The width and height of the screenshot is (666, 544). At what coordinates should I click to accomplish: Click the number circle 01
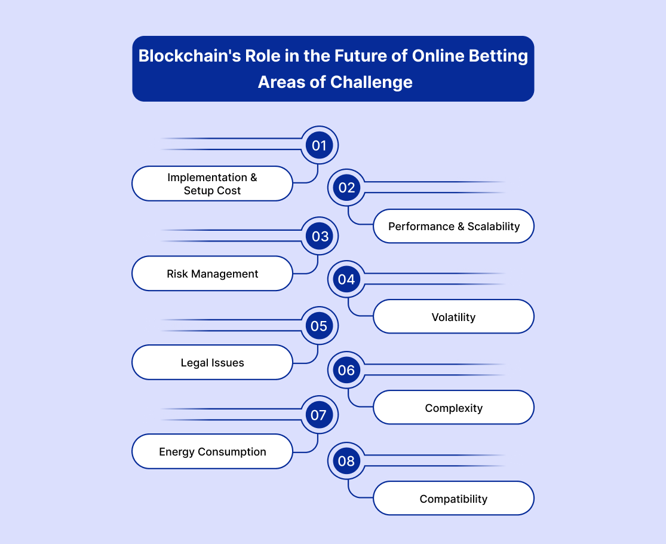click(x=320, y=145)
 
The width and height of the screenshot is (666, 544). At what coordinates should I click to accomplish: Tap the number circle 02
click(x=346, y=188)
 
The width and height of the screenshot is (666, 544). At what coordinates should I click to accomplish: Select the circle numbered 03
click(x=320, y=236)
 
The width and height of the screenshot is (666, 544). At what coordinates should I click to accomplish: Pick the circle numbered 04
click(x=346, y=279)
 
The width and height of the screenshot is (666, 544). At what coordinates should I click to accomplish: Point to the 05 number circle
click(x=320, y=326)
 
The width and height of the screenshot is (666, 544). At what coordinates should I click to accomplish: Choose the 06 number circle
click(x=346, y=370)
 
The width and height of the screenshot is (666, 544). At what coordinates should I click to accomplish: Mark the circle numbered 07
click(x=320, y=415)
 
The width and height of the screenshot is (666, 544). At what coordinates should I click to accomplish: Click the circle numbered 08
click(x=346, y=461)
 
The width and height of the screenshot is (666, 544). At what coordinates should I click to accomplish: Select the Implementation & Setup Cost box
click(x=213, y=184)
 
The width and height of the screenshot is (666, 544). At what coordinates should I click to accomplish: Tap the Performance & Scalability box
click(x=453, y=226)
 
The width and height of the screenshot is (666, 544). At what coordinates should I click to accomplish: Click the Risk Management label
click(x=213, y=273)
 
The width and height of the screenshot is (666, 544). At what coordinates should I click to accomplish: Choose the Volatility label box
click(x=453, y=317)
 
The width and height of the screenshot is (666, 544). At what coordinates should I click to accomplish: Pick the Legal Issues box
click(x=213, y=362)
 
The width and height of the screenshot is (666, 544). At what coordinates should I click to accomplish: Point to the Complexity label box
click(x=453, y=407)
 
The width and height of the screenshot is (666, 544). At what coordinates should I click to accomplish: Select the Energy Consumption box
click(x=213, y=451)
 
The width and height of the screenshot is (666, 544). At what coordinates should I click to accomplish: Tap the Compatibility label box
click(x=453, y=498)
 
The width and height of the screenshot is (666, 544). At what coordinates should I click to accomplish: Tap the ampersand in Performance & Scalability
click(x=461, y=227)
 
